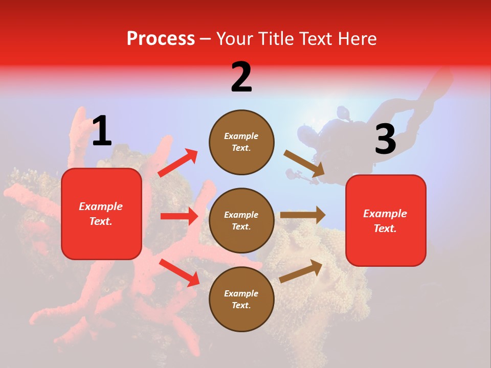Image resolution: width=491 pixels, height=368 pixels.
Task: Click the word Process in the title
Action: click(x=161, y=38)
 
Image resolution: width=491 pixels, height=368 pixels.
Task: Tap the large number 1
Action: click(x=102, y=131)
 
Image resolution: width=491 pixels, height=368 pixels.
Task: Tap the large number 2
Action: click(x=241, y=77)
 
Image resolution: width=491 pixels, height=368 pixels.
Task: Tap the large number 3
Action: click(x=385, y=139)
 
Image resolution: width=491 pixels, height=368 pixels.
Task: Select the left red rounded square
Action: click(x=101, y=214)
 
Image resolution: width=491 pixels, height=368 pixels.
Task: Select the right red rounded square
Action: click(x=386, y=221)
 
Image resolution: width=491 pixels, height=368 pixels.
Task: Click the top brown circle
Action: click(x=241, y=142)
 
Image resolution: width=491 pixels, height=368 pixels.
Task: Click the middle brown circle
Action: click(x=241, y=221)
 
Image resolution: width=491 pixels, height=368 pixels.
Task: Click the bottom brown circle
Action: click(x=241, y=299)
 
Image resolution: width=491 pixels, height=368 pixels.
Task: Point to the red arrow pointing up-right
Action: click(x=177, y=163)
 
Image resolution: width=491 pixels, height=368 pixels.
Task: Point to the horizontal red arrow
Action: click(x=179, y=216)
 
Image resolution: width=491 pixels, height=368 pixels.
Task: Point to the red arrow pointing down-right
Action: click(x=179, y=272)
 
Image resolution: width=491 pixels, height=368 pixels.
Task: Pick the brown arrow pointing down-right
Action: click(x=304, y=164)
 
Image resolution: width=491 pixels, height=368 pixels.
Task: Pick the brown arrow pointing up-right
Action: click(x=301, y=271)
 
